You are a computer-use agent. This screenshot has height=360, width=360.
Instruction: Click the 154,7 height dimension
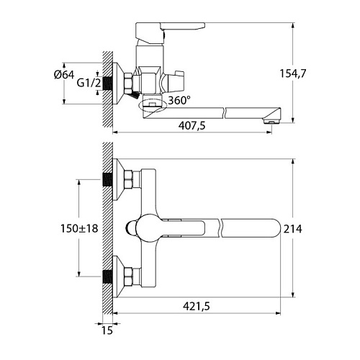[x=293, y=73]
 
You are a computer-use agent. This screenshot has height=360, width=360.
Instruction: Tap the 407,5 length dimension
[x=192, y=125]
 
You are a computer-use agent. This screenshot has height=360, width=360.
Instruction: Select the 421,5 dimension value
[x=197, y=306]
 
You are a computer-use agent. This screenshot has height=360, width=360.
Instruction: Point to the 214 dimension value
[x=293, y=229]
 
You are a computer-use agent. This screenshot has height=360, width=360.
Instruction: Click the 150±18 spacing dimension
[x=79, y=228]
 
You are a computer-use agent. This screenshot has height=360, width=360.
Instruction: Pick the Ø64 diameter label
[x=64, y=75]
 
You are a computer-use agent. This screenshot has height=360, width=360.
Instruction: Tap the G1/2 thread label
[x=89, y=83]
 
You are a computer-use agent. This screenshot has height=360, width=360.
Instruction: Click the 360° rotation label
[x=179, y=100]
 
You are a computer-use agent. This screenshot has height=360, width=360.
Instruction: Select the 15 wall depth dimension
[x=107, y=330]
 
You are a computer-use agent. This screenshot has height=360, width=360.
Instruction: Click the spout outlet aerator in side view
[x=271, y=121]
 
